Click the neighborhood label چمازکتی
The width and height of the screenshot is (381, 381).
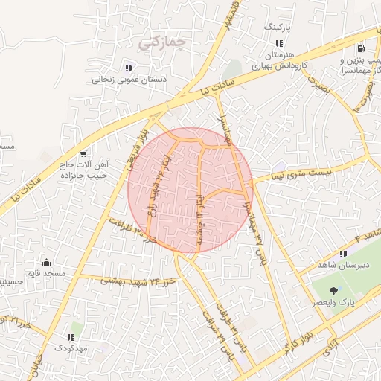(159, 44)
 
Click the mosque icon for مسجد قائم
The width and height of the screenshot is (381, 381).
(47, 262)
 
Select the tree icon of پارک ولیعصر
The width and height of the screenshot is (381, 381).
(332, 291)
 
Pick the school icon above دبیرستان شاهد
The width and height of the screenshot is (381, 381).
(343, 254)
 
